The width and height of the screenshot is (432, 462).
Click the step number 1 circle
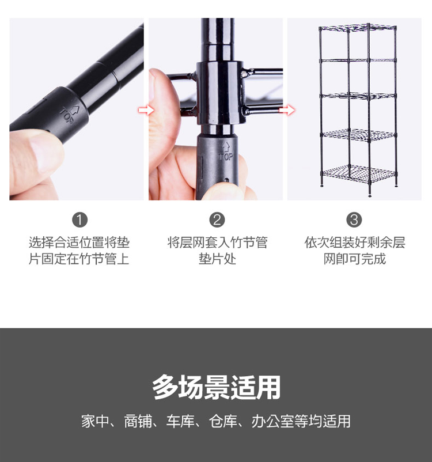[x=80, y=220]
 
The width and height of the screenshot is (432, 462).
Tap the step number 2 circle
[x=217, y=220]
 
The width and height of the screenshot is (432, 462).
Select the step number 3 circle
[x=354, y=220]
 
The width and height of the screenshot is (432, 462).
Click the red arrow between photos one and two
[x=146, y=111]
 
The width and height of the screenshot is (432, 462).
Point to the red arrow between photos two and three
[x=287, y=111]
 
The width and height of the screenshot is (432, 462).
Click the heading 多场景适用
[x=217, y=387]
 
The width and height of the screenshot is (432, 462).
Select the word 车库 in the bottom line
[x=180, y=421]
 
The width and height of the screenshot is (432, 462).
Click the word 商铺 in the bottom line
[x=138, y=421]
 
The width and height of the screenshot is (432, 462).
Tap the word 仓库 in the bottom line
[x=223, y=421]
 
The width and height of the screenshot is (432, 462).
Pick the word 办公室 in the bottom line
[x=272, y=421]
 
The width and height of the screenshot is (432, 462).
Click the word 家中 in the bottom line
[x=95, y=421]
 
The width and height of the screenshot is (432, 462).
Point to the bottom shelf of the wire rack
[x=359, y=174]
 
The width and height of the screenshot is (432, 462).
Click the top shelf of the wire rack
[x=358, y=28]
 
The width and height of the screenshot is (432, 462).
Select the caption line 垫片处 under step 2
[x=217, y=259]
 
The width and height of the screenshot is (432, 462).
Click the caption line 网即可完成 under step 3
[x=354, y=259]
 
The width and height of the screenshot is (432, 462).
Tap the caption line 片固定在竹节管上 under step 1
[x=79, y=259]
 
